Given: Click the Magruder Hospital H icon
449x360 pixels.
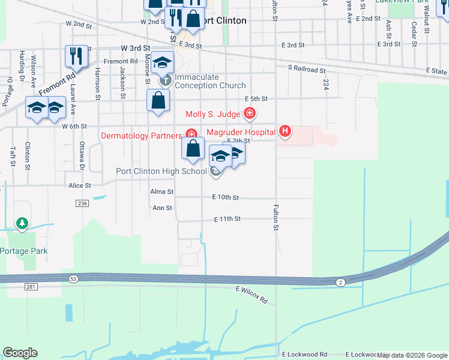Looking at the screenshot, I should pos(286,131).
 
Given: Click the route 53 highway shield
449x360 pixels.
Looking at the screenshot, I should pos(73,278).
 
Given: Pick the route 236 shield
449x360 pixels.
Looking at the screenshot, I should pos(82,204).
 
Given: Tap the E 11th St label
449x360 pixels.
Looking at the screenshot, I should pos(227,220).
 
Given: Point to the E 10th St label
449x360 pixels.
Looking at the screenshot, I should pos(225,197).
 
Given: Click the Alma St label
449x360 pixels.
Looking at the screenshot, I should pos(161,192).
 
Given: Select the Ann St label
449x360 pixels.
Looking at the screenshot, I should pos(162,208).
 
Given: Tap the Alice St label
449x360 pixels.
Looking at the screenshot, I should pos(79,186).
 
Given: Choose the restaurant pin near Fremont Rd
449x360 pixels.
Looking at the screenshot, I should pos(76,56).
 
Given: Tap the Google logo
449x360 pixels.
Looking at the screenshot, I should pos(20,353).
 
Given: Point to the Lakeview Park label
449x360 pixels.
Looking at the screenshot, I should pos(402,2).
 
